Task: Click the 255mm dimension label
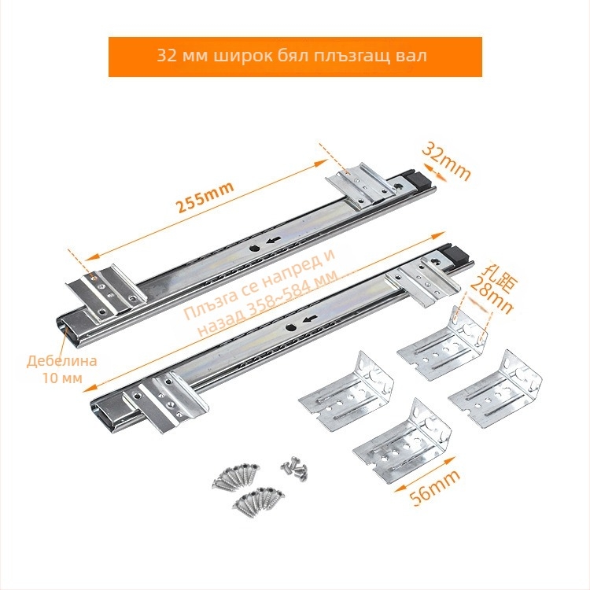(205, 197)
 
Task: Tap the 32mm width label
(446, 162)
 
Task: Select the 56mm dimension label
(434, 487)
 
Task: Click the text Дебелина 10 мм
(61, 369)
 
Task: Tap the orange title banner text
(292, 56)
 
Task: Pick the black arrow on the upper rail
(273, 241)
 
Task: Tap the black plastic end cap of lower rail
(457, 255)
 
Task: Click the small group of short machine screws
(294, 468)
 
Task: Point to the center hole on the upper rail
(253, 249)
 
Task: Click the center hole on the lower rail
(290, 327)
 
